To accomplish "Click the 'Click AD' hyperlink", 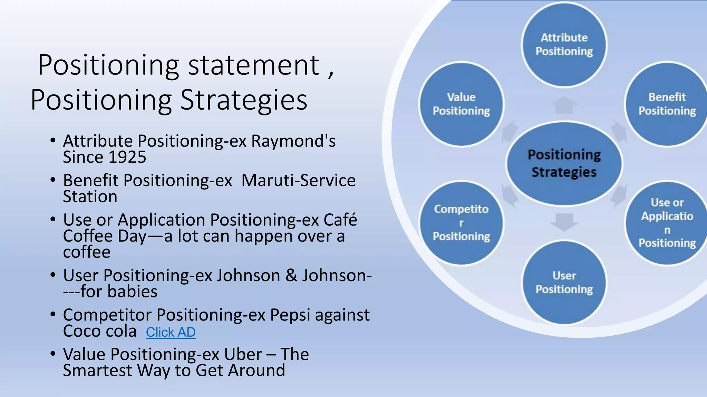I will point(171,332).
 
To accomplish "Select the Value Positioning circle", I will point(461,104).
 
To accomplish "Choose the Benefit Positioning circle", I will point(666,104).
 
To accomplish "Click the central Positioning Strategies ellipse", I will point(564,163).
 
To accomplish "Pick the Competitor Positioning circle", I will point(461,223).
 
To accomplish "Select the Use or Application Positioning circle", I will point(666,223).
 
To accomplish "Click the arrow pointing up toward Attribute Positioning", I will point(564,105).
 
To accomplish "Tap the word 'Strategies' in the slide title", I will point(244,100).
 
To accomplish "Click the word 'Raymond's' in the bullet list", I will point(293,141).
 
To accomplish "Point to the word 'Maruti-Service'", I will point(298,181).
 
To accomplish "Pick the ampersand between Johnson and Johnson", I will point(291,275).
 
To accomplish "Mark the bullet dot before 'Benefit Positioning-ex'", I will point(53,180).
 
